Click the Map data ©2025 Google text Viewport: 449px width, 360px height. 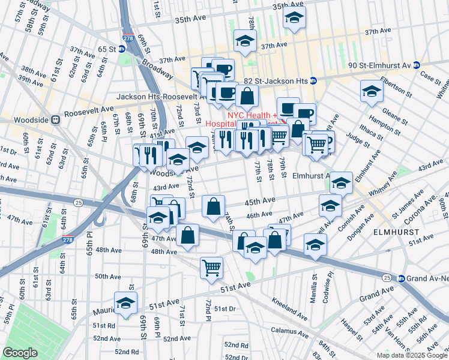pyautogui.click(x=407, y=355)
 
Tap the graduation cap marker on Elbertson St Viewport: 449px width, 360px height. pyautogui.click(x=372, y=92)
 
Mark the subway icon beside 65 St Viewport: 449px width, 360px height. pyautogui.click(x=122, y=49)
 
